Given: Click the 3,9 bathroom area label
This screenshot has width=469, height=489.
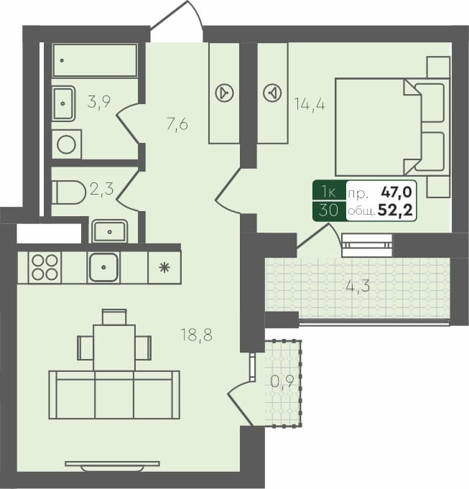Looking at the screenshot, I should (99, 102).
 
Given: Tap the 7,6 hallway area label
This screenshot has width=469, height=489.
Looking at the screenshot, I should (177, 124).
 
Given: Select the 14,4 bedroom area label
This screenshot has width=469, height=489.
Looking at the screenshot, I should (310, 103).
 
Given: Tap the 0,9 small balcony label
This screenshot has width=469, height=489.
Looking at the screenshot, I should (282, 381).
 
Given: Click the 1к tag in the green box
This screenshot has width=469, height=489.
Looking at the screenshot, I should (328, 192).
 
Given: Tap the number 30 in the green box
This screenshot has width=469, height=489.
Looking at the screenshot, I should (328, 210).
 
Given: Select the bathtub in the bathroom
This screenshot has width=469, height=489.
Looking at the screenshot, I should (95, 60).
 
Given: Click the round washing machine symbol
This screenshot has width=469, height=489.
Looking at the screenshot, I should (67, 144).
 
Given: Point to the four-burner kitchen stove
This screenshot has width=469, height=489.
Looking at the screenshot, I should (44, 267).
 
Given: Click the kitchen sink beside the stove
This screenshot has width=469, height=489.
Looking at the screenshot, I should (103, 267).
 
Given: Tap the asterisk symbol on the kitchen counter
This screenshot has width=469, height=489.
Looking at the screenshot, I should (164, 268).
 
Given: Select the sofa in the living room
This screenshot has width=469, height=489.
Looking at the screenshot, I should (113, 393).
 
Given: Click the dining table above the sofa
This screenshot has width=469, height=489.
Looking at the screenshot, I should (114, 347).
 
